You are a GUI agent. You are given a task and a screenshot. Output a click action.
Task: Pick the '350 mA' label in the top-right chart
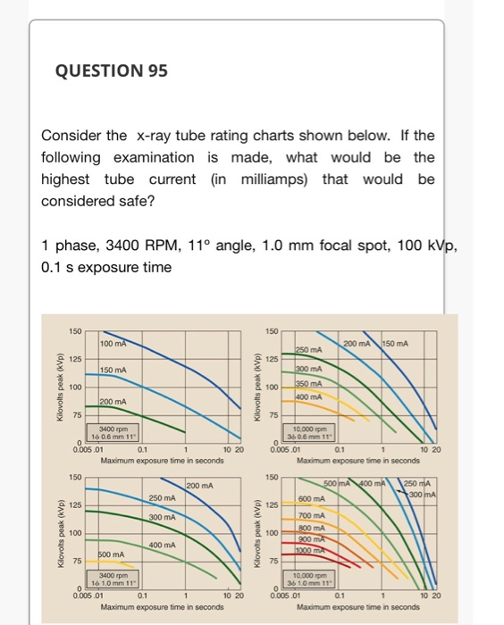coord(311,383)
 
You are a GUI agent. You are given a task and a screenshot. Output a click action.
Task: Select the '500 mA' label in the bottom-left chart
coord(111,554)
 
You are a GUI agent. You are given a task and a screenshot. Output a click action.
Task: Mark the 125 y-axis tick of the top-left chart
coord(75,359)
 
